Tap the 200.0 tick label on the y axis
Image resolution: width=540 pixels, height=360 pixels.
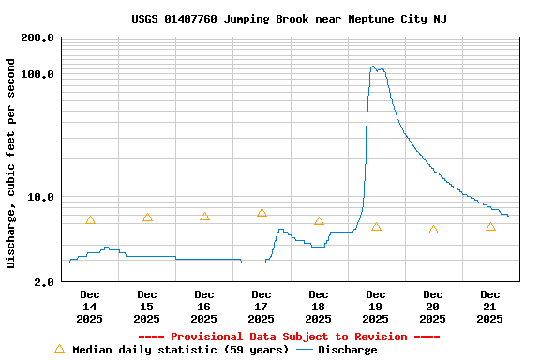(38, 38)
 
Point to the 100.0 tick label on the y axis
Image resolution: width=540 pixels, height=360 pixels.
(38, 75)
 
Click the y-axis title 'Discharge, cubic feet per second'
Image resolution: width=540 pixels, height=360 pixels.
(11, 163)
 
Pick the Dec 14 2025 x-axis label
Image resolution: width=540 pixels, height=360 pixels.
(90, 307)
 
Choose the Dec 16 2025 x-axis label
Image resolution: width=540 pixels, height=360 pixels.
(204, 307)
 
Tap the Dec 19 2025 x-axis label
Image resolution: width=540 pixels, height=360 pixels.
(376, 307)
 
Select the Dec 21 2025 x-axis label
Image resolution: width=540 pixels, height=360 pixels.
(490, 307)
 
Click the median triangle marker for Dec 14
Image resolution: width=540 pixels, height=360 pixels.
(90, 220)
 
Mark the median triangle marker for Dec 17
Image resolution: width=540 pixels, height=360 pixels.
(262, 213)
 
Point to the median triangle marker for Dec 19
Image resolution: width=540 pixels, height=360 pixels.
(376, 227)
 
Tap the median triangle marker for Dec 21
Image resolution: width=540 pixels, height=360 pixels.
(490, 227)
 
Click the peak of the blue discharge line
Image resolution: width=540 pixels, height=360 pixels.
(373, 67)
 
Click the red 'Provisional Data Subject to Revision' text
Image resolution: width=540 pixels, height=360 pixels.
(289, 337)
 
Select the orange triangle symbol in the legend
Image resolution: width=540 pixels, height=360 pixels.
(60, 349)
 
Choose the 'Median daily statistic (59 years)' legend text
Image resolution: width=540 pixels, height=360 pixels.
(181, 350)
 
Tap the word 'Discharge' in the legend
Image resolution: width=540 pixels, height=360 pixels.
(347, 350)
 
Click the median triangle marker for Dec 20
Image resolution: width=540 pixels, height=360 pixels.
(433, 230)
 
